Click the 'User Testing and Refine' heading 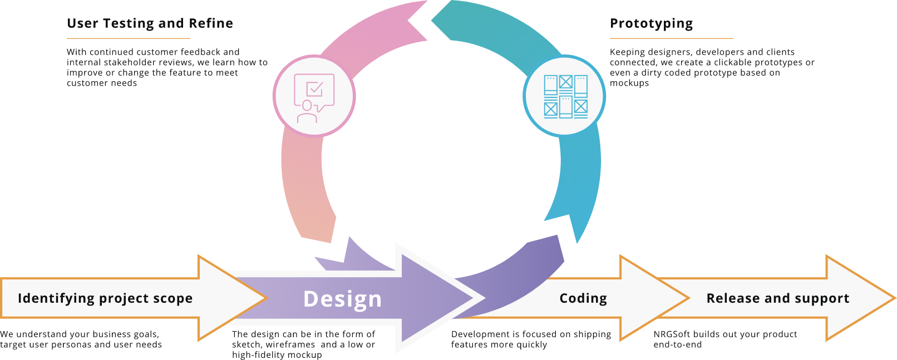(150, 23)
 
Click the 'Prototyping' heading (651, 23)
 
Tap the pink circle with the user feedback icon (314, 96)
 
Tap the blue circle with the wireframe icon (565, 96)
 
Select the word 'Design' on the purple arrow (343, 299)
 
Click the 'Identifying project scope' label (105, 298)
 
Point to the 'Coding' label (583, 298)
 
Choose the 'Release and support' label (777, 298)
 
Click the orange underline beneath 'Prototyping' (671, 38)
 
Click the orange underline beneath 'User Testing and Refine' (128, 38)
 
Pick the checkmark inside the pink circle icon (315, 88)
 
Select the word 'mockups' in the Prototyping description (629, 83)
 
